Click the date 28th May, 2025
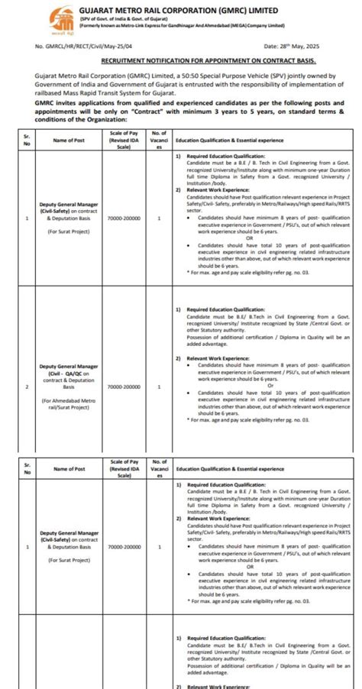(315, 47)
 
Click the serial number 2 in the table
(27, 387)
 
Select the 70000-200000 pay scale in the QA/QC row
(124, 387)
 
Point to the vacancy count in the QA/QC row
(159, 387)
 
